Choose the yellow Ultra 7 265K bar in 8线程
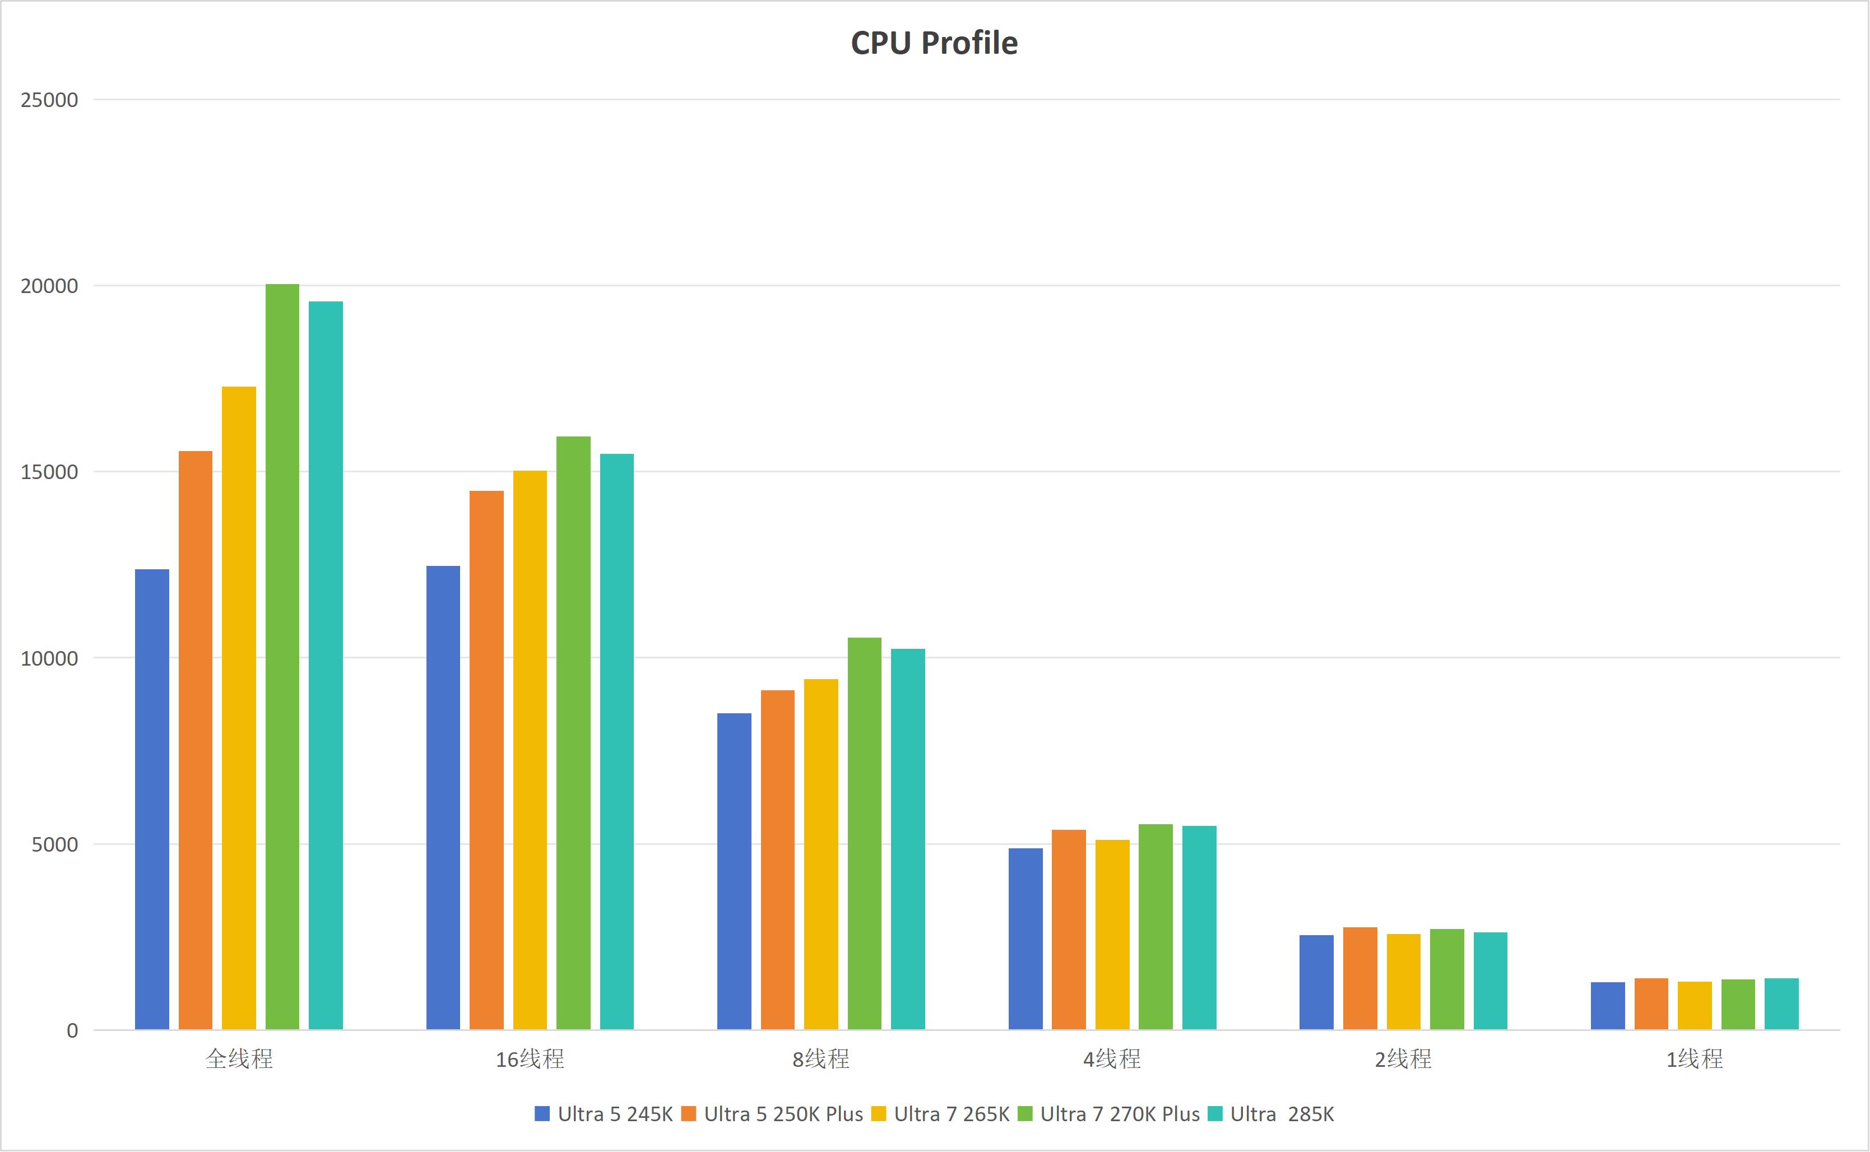pos(821,854)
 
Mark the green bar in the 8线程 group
pos(864,834)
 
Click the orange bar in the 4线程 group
pos(1068,930)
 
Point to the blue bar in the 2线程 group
pos(1316,982)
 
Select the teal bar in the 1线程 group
pos(1781,1004)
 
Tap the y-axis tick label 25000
pos(49,100)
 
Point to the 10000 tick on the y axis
pos(49,658)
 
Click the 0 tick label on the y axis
pos(72,1031)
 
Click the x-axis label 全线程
pos(239,1059)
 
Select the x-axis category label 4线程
pos(1112,1059)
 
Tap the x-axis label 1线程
pos(1694,1059)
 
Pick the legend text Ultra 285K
pos(1282,1114)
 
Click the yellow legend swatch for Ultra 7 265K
pos(879,1114)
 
